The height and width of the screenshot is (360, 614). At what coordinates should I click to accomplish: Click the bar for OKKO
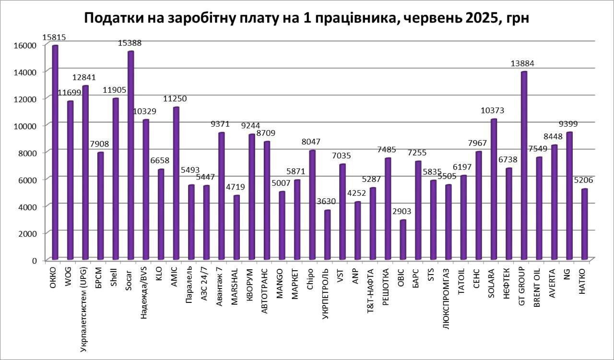point(55,154)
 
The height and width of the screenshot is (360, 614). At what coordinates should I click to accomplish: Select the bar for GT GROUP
point(524,166)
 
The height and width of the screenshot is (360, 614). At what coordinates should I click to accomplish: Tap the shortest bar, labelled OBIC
point(403,240)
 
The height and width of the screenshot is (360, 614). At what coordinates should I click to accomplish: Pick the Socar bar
point(130,156)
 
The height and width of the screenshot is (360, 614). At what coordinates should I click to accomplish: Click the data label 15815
point(54,37)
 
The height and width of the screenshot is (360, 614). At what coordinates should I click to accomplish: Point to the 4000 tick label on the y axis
point(28,206)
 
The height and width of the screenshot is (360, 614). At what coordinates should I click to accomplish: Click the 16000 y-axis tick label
point(27,45)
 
